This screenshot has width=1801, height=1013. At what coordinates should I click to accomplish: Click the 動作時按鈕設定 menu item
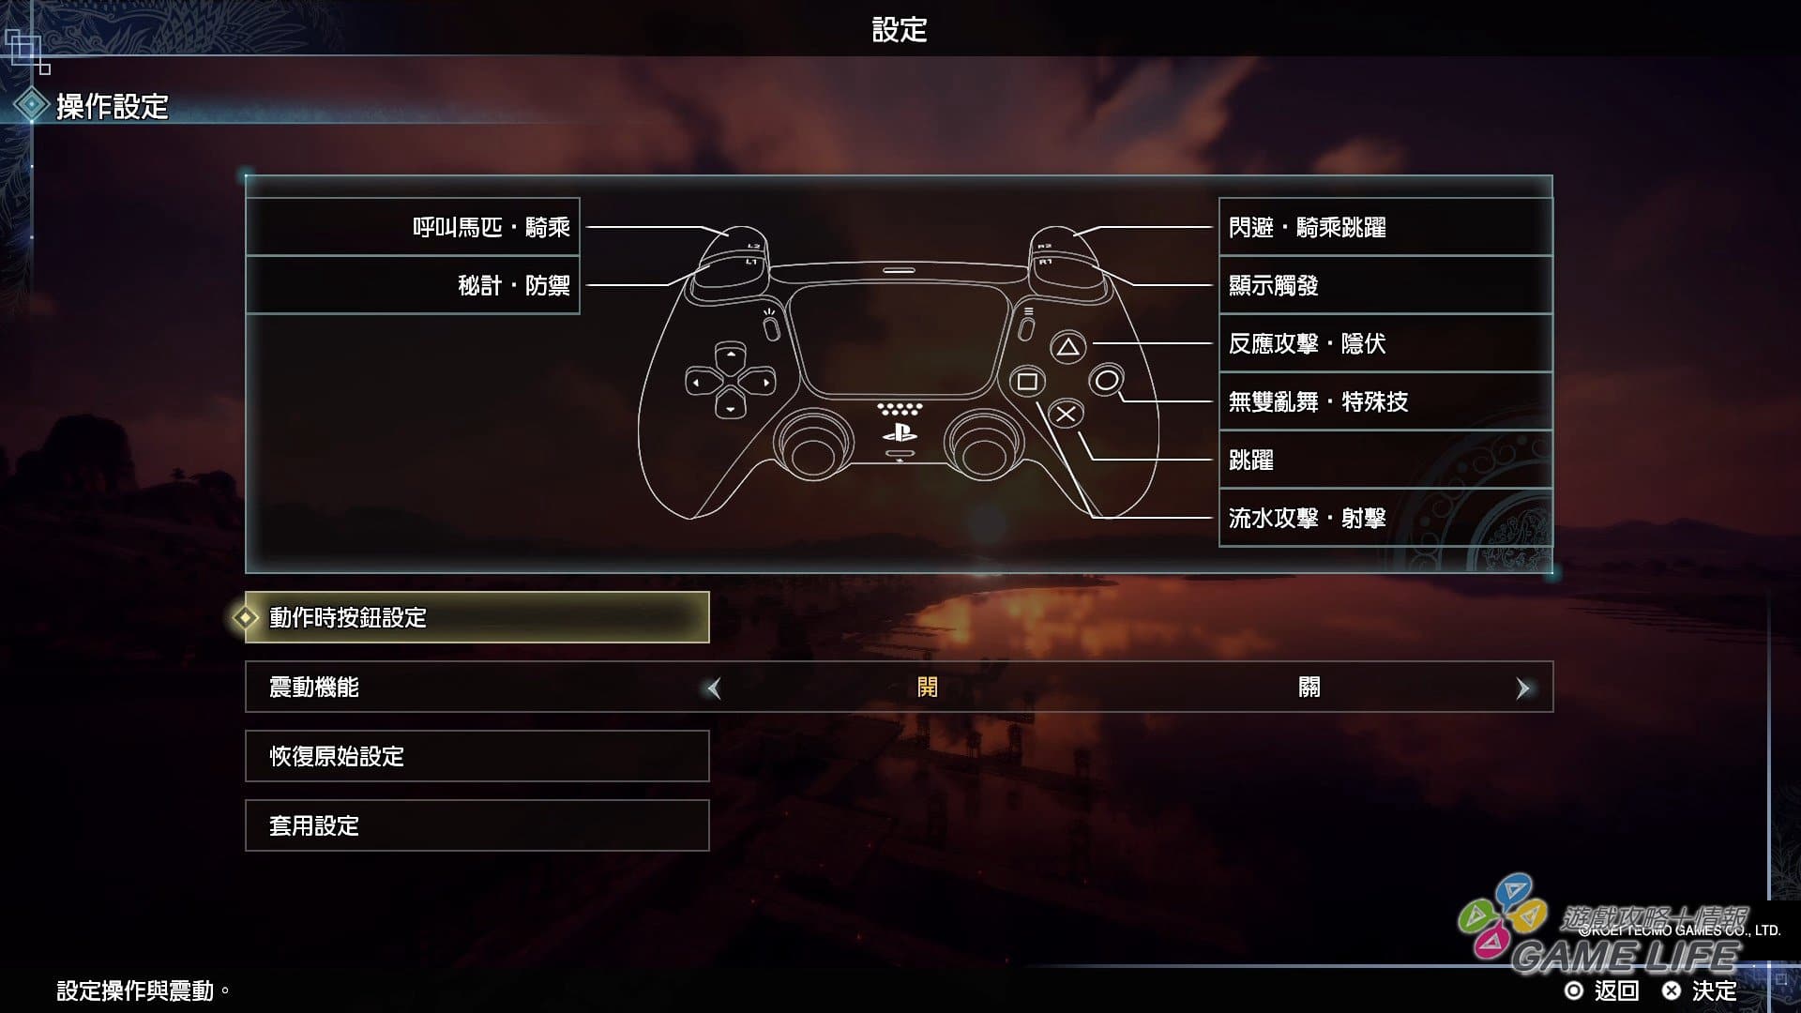(x=477, y=617)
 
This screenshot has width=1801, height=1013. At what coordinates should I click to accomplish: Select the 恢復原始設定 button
(x=477, y=756)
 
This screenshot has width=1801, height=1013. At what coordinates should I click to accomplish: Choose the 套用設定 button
(x=477, y=825)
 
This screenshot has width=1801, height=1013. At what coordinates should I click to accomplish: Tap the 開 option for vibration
(x=927, y=687)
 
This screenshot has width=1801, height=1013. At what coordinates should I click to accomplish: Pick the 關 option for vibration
(x=1309, y=687)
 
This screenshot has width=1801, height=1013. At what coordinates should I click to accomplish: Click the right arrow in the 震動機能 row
(x=1522, y=688)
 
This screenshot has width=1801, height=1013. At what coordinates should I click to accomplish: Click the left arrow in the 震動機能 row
(x=714, y=688)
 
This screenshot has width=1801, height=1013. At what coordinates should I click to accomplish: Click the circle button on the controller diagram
(x=1107, y=381)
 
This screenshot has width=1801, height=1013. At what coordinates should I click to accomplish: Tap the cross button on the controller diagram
(x=1066, y=414)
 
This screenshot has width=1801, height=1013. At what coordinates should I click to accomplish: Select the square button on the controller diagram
(x=1027, y=381)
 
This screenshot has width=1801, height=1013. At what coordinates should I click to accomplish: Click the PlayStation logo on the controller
(x=900, y=433)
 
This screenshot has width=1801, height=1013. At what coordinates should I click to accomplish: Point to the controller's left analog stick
(x=813, y=447)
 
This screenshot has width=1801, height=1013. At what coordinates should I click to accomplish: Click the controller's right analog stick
(x=982, y=447)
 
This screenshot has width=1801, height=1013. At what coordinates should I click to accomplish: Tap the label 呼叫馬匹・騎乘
(x=491, y=227)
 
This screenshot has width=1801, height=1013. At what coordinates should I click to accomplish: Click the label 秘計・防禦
(x=513, y=285)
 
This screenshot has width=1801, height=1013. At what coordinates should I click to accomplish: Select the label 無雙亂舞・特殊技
(x=1318, y=401)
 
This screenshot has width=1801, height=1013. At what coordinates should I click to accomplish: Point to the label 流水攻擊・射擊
(x=1307, y=518)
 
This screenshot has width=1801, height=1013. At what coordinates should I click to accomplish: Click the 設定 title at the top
(x=900, y=30)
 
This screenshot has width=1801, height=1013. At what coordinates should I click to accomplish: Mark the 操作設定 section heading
(x=112, y=106)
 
